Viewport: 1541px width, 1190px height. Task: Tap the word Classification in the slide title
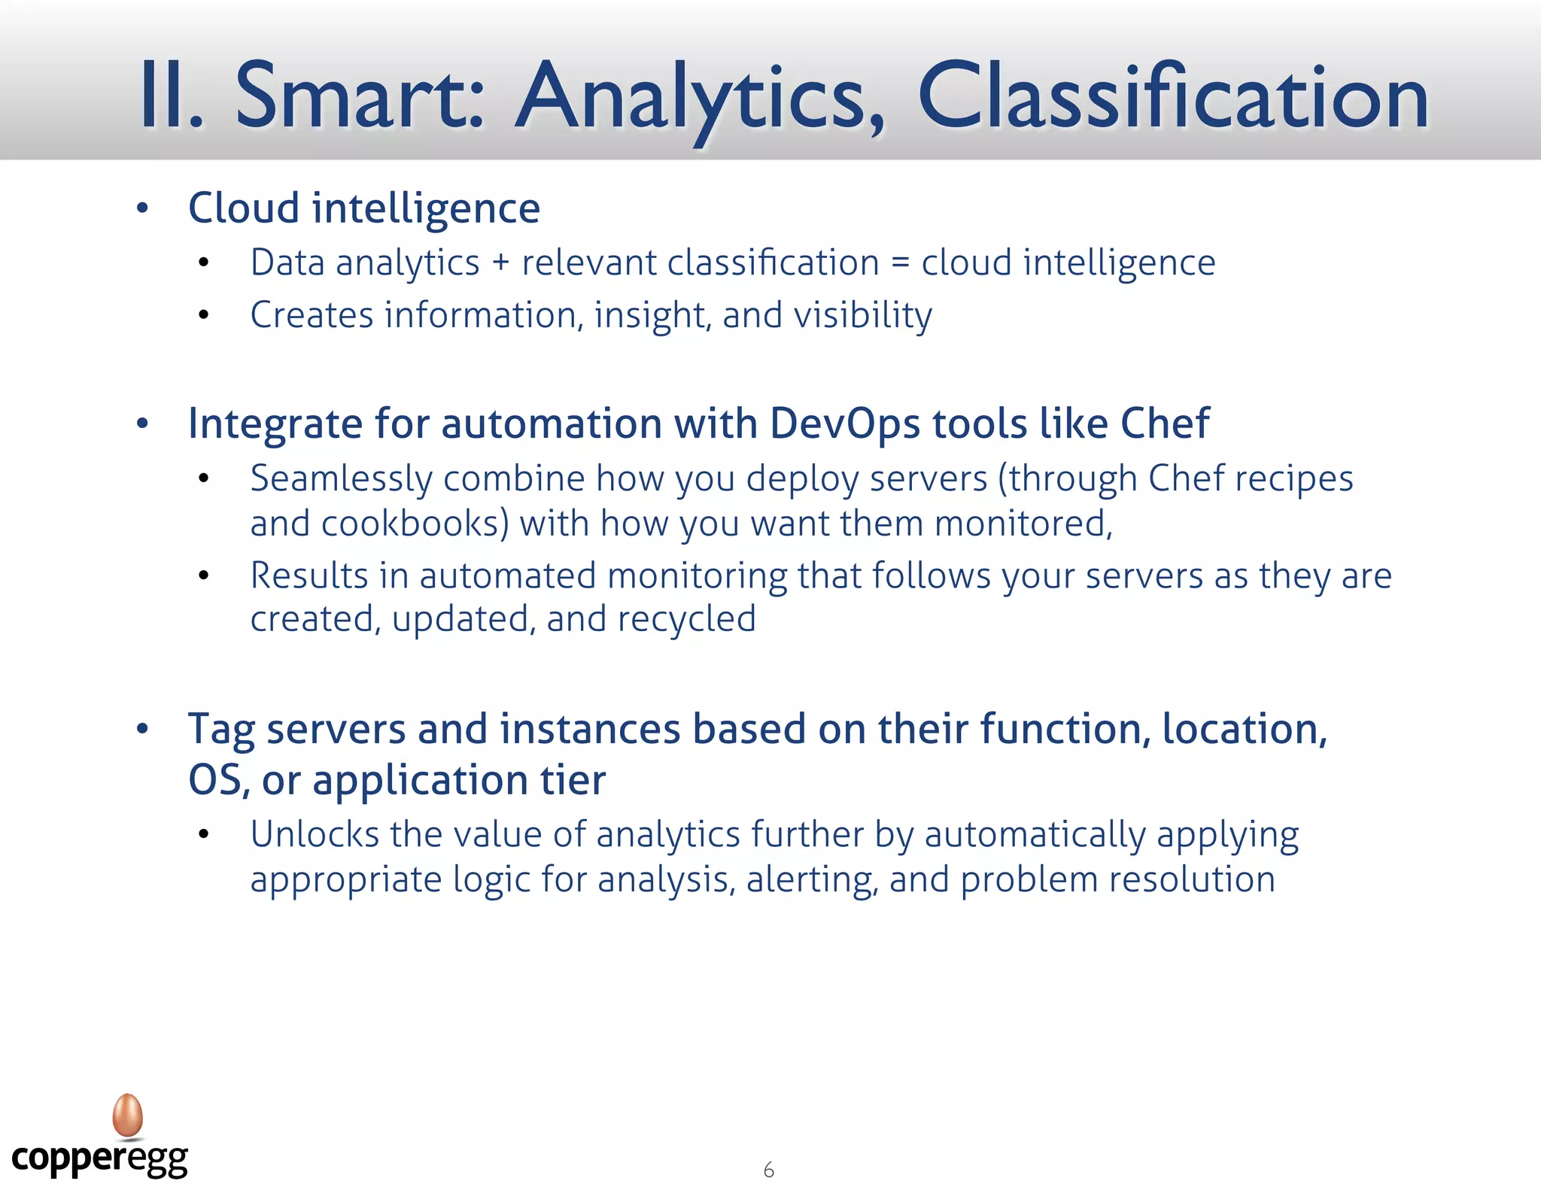point(1172,96)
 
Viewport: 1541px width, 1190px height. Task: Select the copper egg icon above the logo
point(128,1115)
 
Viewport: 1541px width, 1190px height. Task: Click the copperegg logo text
point(99,1158)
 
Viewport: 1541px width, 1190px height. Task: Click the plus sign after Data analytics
point(500,263)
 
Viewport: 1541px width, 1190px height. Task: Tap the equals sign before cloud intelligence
point(900,263)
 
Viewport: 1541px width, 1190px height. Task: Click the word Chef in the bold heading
point(1164,423)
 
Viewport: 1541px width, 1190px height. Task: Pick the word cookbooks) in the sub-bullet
point(415,524)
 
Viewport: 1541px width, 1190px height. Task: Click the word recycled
point(686,619)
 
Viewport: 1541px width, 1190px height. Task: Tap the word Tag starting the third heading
point(221,730)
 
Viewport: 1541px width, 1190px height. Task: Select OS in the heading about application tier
point(215,779)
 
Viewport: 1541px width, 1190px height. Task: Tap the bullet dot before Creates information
point(203,315)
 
